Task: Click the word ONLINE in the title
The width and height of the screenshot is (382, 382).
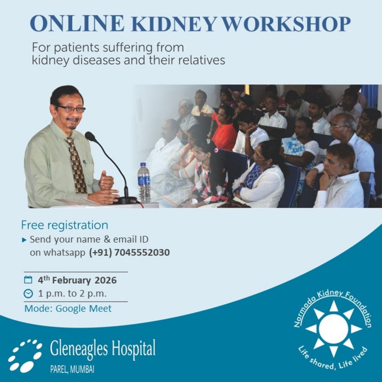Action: pos(77,23)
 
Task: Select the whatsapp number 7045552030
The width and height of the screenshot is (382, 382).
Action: pos(142,252)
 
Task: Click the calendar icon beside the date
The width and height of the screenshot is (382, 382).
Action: pos(28,280)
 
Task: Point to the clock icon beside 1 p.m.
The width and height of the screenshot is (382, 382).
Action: pos(28,294)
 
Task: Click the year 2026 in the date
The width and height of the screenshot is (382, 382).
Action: pos(106,280)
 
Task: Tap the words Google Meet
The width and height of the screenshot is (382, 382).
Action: pos(83,309)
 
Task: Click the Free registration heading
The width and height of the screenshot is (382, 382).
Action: pos(65,225)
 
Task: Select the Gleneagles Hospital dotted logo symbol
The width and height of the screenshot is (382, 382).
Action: pos(25,355)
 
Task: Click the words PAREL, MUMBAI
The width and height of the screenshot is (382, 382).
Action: pos(72,370)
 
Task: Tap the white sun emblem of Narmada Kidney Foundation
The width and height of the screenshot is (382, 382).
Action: pos(333,329)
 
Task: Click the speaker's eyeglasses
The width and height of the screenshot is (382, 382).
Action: pos(71,109)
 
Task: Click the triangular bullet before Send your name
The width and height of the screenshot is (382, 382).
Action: pos(25,240)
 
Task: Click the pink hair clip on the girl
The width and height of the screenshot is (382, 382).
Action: pos(216,150)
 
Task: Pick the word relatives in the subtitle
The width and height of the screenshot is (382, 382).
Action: pos(202,60)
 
